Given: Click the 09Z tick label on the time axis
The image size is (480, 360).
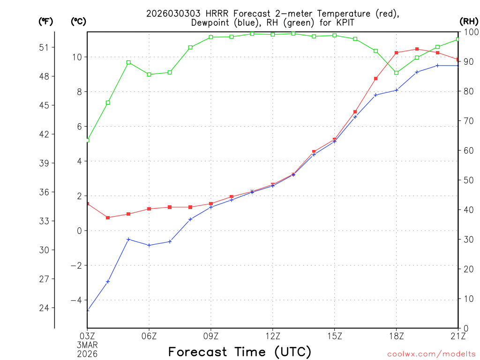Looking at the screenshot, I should (211, 336).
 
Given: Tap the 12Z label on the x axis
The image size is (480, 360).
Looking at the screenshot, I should (273, 336).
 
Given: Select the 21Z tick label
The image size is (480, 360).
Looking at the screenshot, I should (458, 336).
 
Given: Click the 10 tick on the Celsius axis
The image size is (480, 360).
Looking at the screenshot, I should (77, 57).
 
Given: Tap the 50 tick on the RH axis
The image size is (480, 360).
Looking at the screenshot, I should (467, 180).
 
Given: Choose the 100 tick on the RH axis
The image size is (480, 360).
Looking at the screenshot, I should (470, 32).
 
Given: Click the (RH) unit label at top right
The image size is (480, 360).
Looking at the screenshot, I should (468, 21).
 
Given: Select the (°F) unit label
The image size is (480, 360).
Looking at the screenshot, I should (45, 21).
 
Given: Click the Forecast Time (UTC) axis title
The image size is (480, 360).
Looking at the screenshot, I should (240, 352).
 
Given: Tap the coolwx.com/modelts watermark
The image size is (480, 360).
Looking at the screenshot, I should (431, 354).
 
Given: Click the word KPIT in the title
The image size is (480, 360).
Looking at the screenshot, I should (344, 22).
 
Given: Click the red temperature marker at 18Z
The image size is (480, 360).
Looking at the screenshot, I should (396, 52).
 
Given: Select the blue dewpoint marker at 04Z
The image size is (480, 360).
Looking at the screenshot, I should (108, 282).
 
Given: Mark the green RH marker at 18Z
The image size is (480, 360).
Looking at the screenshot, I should (396, 73).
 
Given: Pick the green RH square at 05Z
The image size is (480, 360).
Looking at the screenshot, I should (128, 62).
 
